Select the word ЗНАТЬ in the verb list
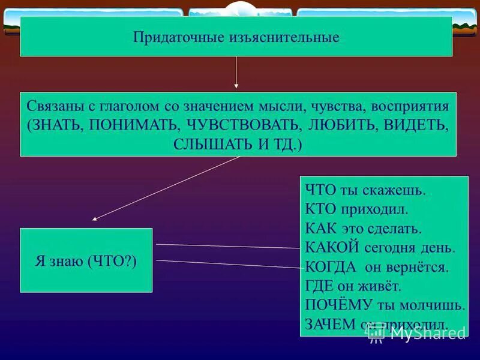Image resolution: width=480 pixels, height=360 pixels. coord(59,125)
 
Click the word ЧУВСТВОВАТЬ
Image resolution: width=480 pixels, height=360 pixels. coord(244,125)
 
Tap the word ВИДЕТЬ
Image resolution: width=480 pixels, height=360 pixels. coord(417,125)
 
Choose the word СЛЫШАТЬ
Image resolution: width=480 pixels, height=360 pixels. coord(211,145)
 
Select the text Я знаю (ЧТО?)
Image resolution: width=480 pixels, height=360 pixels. coord(86,261)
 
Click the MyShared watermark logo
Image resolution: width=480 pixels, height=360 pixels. coord(416,334)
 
